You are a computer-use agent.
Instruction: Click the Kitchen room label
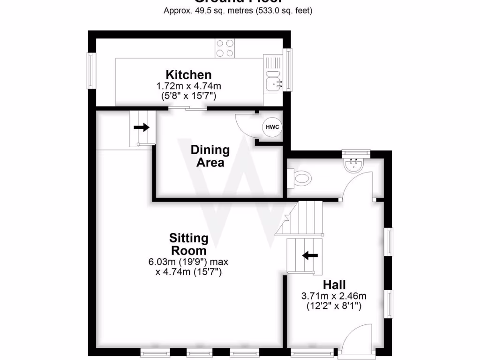pos(188,75)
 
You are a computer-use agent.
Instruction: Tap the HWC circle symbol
pos(271,127)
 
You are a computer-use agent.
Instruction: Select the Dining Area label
pos(210,156)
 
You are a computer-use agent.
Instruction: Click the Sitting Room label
pos(188,244)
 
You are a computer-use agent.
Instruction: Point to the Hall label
pos(334,285)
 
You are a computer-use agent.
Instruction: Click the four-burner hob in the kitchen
pos(225,48)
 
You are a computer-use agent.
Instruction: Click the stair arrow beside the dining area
pos(142,127)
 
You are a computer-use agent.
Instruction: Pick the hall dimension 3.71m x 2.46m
pos(333,296)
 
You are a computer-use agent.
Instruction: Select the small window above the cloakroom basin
pos(356,152)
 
